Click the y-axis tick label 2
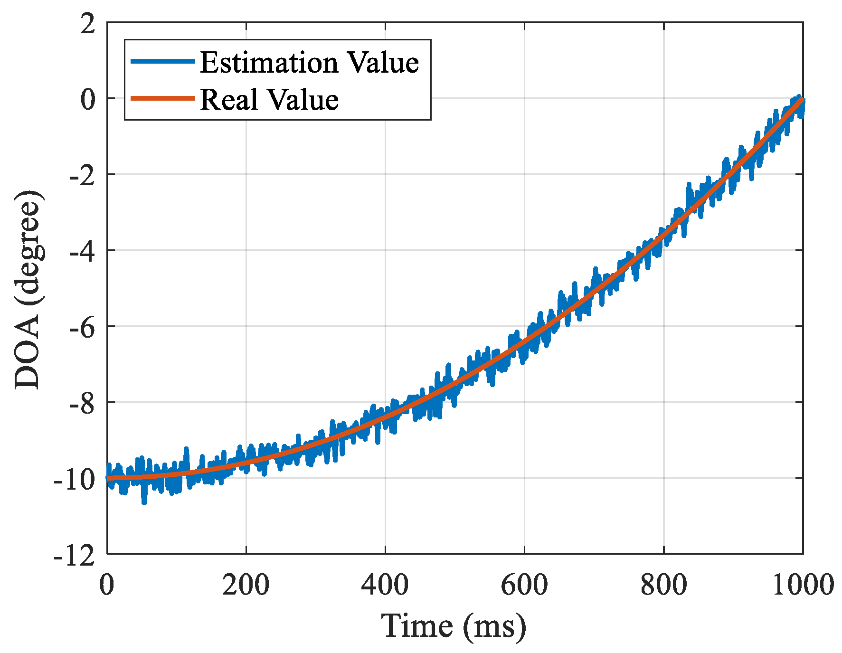point(88,24)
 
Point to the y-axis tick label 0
point(88,100)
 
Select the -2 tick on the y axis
point(82,176)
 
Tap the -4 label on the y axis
point(82,252)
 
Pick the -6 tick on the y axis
point(82,328)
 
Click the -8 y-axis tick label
point(82,404)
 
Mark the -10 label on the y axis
point(75,480)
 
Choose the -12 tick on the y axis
point(75,556)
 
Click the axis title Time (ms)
point(454,626)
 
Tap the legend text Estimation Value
point(309,62)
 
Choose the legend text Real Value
point(269,100)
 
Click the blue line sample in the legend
point(163,61)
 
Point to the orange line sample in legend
point(163,98)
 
